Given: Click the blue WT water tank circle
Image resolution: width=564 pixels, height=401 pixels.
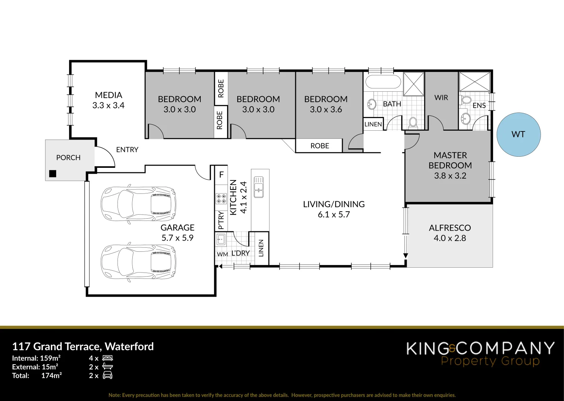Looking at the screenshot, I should pyautogui.click(x=518, y=134).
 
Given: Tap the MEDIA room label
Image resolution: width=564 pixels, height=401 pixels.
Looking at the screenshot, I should pyautogui.click(x=109, y=95).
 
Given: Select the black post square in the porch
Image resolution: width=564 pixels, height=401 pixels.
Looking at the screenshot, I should pyautogui.click(x=53, y=173).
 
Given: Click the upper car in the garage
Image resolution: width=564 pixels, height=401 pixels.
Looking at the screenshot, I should pyautogui.click(x=139, y=204).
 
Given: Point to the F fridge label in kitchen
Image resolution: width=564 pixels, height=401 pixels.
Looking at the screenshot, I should pyautogui.click(x=222, y=175).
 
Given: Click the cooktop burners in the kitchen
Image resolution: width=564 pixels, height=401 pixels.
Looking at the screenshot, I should pyautogui.click(x=221, y=199).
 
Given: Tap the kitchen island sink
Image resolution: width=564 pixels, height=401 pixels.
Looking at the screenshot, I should pyautogui.click(x=258, y=187).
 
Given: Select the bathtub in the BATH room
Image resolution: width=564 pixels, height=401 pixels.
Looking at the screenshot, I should pyautogui.click(x=383, y=82).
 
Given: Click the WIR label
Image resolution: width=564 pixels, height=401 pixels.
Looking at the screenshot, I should pyautogui.click(x=441, y=98).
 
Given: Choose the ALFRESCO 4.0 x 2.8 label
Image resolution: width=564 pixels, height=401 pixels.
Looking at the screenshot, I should pyautogui.click(x=450, y=233).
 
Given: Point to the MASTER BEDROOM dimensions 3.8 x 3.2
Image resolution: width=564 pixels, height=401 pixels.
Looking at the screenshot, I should pyautogui.click(x=450, y=176).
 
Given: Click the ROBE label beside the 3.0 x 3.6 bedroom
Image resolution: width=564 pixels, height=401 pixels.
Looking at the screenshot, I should pyautogui.click(x=320, y=146).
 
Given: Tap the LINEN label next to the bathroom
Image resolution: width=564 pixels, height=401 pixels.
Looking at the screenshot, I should pyautogui.click(x=373, y=124).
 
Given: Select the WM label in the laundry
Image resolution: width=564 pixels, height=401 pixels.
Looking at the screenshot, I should pyautogui.click(x=222, y=254).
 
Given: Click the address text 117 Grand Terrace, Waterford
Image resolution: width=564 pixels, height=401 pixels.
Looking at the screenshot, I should pyautogui.click(x=83, y=346).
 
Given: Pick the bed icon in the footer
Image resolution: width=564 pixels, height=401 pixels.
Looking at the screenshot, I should pyautogui.click(x=107, y=358).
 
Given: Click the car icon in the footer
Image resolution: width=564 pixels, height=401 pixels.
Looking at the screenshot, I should pyautogui.click(x=107, y=375).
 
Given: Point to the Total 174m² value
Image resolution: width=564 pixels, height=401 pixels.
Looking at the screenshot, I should pyautogui.click(x=51, y=375).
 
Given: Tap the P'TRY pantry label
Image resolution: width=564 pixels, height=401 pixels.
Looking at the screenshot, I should pyautogui.click(x=221, y=220).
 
